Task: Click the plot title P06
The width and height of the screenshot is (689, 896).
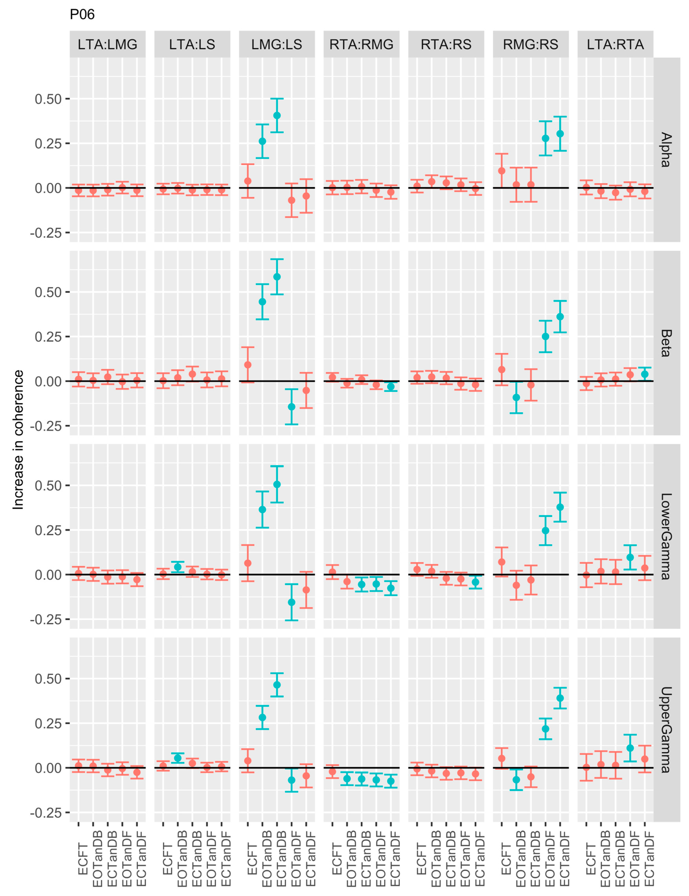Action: (x=82, y=14)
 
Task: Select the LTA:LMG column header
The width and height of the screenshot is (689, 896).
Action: (x=107, y=44)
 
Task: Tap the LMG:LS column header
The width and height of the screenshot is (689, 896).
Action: (x=277, y=44)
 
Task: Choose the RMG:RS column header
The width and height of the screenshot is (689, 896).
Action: (x=531, y=44)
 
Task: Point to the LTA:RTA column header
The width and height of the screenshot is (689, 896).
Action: (x=615, y=44)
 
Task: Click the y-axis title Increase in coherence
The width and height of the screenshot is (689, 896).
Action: (x=18, y=440)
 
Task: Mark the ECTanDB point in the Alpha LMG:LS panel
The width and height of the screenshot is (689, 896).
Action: (x=277, y=116)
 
